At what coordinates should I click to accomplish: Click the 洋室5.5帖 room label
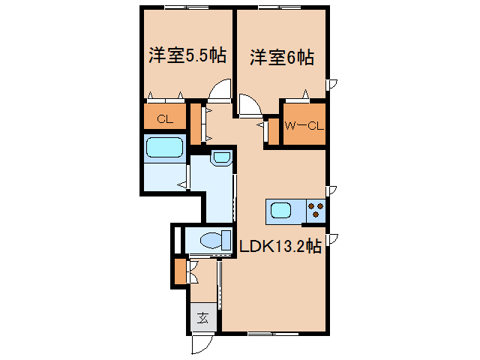click(x=187, y=57)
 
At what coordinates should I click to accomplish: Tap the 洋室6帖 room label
click(x=282, y=57)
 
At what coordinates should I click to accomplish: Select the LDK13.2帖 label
click(x=280, y=246)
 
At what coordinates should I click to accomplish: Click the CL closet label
click(x=165, y=118)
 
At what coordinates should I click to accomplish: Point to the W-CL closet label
click(x=304, y=125)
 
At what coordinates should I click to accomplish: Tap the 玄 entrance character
click(x=203, y=317)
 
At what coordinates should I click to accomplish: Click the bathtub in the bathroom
click(x=165, y=148)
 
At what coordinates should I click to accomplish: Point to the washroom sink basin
click(x=221, y=157)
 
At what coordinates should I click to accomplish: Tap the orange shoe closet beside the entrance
click(x=180, y=271)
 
